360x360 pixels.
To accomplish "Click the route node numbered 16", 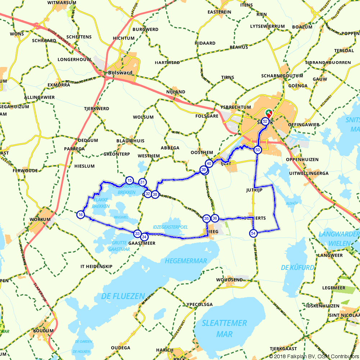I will tap(81, 215).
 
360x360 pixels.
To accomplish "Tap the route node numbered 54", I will tap(253, 233).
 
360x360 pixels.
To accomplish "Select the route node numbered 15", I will tap(129, 180).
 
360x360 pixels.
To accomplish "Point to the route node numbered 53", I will tap(257, 149).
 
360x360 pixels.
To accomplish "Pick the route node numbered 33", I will tap(137, 234).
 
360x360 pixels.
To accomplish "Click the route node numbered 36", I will tap(215, 218).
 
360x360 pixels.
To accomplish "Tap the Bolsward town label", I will tap(120, 73).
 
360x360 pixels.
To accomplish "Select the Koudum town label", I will tap(43, 330).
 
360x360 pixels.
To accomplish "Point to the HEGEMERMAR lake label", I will tap(186, 261).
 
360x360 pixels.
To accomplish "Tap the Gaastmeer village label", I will tap(142, 243).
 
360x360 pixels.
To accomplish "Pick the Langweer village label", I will tap(330, 255).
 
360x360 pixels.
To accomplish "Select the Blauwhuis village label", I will tap(130, 141).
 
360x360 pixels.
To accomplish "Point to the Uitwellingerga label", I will tap(309, 173).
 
